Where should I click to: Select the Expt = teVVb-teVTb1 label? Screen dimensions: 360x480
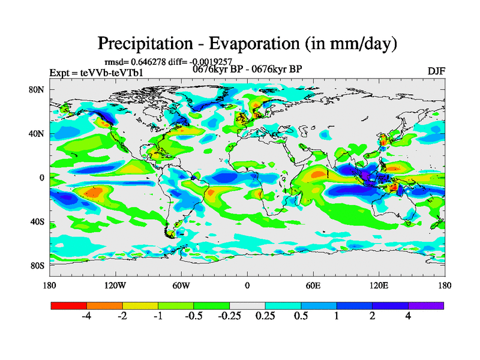tap(96, 73)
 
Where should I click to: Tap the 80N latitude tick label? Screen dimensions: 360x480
tap(37, 89)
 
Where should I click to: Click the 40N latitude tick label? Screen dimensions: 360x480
tap(37, 134)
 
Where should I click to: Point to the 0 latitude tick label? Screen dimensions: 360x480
tap(43, 178)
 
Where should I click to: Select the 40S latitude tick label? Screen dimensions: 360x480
tap(38, 221)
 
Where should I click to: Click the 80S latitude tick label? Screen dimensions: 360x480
tap(38, 265)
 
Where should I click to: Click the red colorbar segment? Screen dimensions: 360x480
tap(69, 305)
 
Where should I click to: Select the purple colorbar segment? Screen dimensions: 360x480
tap(426, 305)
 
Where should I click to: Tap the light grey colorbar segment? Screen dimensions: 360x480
tap(247, 305)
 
